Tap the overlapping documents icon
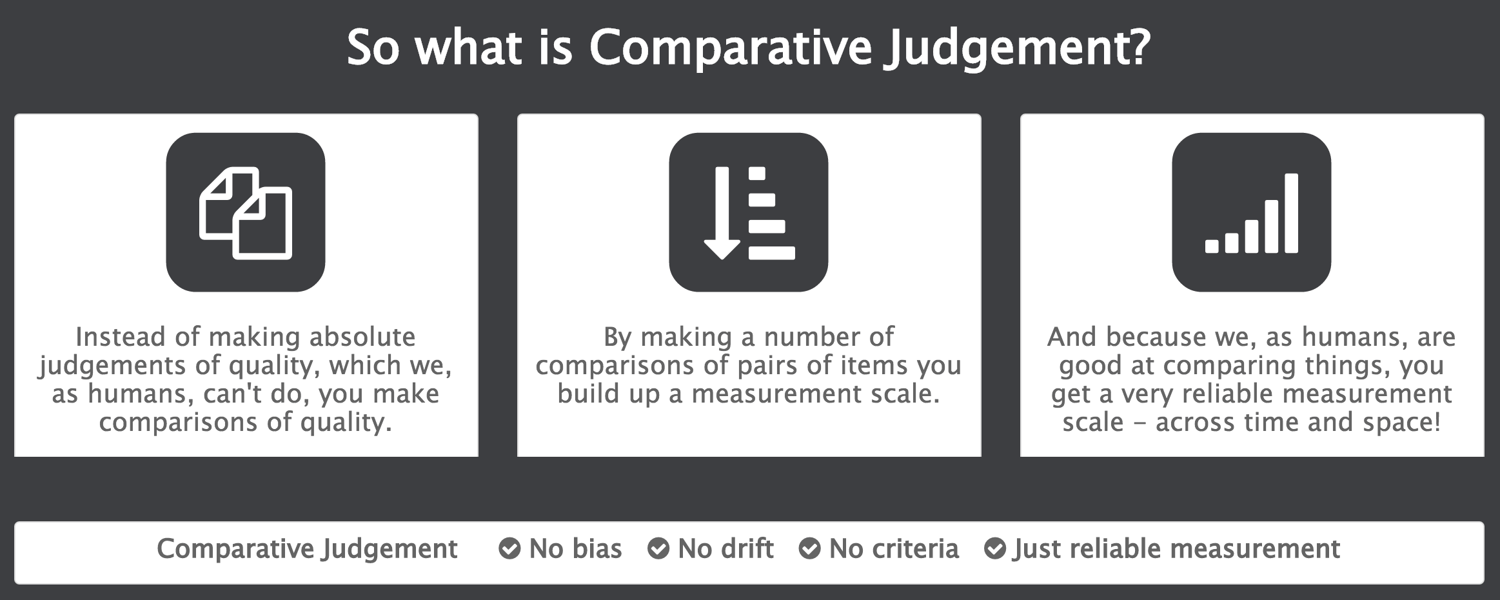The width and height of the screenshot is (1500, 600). click(246, 212)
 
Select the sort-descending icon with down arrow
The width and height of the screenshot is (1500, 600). click(749, 212)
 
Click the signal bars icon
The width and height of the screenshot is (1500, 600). click(1251, 212)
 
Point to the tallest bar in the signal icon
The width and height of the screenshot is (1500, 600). click(1291, 213)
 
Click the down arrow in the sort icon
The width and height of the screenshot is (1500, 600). click(722, 213)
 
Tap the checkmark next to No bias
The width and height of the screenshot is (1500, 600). click(509, 549)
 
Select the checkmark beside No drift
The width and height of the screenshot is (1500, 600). click(658, 549)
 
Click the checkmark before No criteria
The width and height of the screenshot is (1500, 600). click(809, 549)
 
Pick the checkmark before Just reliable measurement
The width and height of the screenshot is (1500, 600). click(995, 549)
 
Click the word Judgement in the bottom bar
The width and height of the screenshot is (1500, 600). click(390, 549)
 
